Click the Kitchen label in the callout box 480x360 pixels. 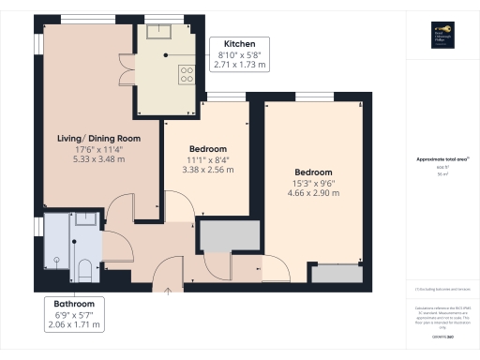(238, 43)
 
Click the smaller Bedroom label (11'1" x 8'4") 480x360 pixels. (207, 149)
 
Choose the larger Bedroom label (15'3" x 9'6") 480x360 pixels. (313, 172)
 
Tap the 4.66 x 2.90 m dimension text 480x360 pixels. (313, 194)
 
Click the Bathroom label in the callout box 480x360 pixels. (74, 304)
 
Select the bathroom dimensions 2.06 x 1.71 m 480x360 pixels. (74, 325)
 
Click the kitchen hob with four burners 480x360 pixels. (185, 75)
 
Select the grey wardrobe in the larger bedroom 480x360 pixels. (335, 274)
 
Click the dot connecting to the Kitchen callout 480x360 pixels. (167, 55)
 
